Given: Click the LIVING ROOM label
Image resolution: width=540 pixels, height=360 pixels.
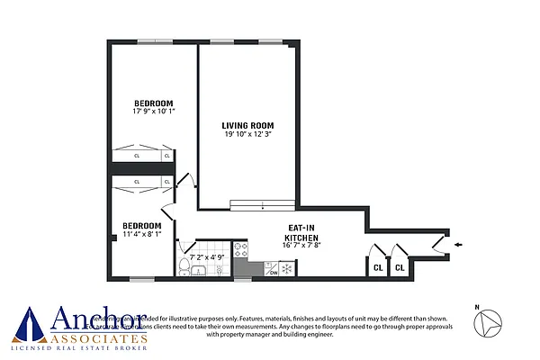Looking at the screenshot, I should point(248,125).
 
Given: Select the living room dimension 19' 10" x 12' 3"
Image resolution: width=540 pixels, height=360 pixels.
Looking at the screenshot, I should point(248,135).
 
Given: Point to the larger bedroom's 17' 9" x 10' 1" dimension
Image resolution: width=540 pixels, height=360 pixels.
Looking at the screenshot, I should point(154,112).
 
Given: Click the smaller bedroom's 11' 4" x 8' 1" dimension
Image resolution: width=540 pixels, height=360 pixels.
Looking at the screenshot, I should point(142,235).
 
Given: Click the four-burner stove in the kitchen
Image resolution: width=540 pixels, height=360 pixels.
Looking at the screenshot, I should point(241,249).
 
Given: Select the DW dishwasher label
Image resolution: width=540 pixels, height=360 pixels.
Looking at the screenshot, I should point(272,273).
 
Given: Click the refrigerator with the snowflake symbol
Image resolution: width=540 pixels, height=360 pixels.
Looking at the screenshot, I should point(287,267).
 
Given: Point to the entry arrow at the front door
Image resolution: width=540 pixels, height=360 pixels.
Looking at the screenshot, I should point(460,243).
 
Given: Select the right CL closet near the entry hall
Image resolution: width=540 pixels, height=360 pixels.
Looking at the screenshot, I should point(400,266).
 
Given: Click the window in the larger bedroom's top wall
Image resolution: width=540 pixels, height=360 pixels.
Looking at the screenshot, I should point(163,40).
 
